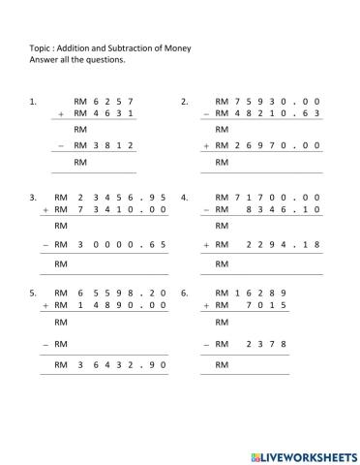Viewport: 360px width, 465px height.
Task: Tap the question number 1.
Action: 35,101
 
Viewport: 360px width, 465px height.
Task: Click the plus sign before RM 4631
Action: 61,114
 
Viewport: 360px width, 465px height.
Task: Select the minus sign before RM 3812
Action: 61,145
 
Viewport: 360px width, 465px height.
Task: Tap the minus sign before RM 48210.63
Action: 206,114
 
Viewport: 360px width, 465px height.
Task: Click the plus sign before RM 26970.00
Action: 206,145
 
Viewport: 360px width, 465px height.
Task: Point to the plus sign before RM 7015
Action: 206,305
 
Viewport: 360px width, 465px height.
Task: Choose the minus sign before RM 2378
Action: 206,344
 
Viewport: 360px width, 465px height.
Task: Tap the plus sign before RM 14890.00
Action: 45,305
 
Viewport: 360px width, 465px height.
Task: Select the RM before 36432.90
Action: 60,365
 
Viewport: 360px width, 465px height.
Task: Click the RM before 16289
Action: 222,292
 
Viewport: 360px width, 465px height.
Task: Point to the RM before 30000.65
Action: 60,246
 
